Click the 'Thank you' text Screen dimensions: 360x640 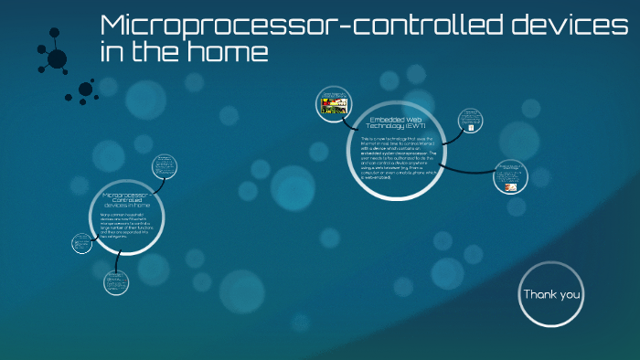pos(551,294)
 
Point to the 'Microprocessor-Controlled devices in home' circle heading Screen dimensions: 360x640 pos(128,200)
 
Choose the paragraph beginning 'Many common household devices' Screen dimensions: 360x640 pos(126,227)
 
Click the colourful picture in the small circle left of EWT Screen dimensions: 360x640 pos(333,104)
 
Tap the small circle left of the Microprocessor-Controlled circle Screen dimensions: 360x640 pos(82,243)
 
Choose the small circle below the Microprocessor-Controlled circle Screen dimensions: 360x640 pos(116,282)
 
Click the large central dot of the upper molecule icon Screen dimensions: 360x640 pos(57,59)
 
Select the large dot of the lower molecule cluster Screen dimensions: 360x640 pos(85,90)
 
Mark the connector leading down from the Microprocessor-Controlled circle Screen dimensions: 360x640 pos(115,259)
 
